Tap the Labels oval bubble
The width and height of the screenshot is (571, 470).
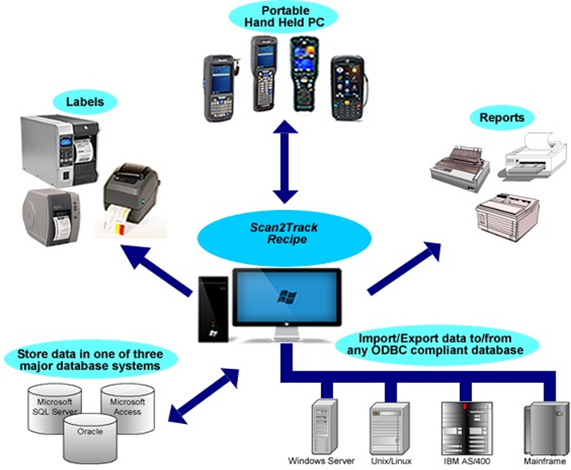click(x=84, y=102)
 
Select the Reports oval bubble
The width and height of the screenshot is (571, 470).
click(x=502, y=118)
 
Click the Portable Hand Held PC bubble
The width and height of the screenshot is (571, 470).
click(x=283, y=15)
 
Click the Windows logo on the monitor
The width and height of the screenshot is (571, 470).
click(x=285, y=296)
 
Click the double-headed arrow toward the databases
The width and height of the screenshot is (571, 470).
click(x=206, y=396)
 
